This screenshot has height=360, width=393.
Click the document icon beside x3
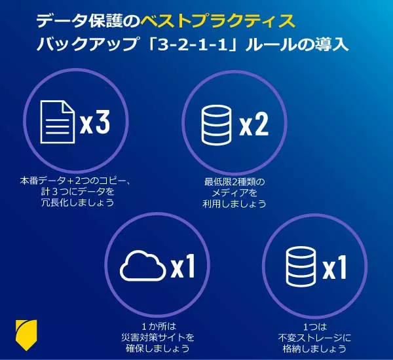58,122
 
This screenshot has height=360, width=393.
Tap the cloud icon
143,266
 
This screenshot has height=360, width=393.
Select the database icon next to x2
216,125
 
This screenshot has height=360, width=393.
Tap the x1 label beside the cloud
183,266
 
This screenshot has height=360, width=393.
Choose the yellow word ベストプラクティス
217,21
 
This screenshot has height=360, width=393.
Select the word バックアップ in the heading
86,45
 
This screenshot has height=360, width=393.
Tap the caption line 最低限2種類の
234,182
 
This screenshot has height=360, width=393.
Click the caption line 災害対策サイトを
158,337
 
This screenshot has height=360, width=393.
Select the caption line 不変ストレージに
314,338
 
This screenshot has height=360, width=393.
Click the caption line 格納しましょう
314,348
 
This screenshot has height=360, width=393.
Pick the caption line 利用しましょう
234,204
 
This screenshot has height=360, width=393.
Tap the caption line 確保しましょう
158,348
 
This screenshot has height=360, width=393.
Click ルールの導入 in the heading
297,45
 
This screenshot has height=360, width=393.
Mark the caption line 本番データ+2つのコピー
72,181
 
